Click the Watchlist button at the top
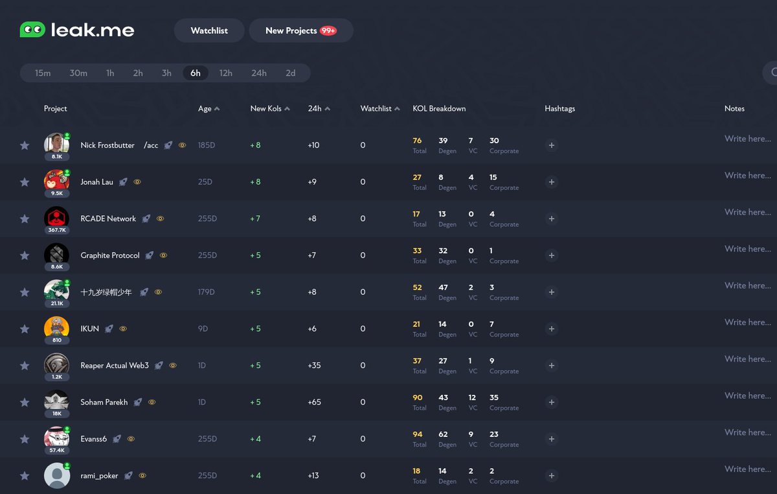209,30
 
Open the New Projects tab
291,30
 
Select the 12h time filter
225,73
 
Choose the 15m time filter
43,73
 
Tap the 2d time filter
290,73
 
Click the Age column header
205,109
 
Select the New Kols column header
266,109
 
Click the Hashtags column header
559,109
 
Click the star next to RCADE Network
25,219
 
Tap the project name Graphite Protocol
110,255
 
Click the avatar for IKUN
56,327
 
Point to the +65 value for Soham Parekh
314,403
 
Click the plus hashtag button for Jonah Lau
551,182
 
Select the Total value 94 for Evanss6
418,434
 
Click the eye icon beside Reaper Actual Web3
173,366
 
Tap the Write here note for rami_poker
747,469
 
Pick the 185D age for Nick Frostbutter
207,145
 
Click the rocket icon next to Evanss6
117,439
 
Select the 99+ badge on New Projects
328,30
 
